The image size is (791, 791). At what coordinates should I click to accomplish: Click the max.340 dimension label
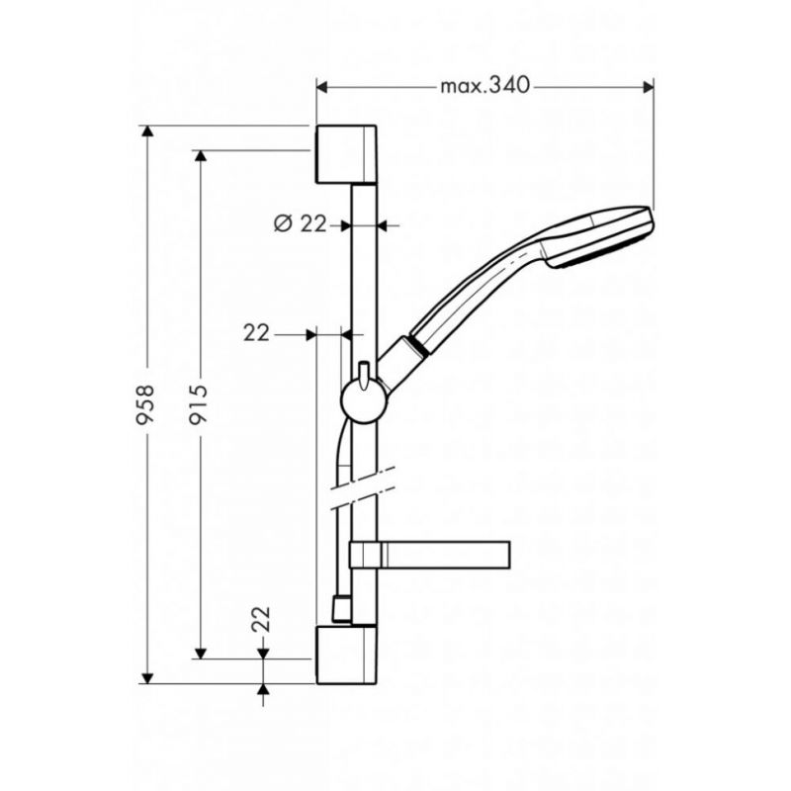(484, 86)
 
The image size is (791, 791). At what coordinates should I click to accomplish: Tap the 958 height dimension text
(146, 404)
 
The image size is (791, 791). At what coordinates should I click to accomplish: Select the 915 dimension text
(200, 404)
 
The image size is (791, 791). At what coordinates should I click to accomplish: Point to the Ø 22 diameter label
(301, 223)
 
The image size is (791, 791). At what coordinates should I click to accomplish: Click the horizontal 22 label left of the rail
(257, 333)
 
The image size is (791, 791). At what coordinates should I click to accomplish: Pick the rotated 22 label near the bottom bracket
(262, 619)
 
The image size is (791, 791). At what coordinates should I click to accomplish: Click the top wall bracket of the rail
(346, 154)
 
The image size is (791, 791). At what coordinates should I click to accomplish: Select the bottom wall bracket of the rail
(346, 655)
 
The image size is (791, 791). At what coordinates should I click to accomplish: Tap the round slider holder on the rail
(364, 400)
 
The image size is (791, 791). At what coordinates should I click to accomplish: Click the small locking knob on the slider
(364, 376)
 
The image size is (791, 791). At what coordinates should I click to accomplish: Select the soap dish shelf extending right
(430, 555)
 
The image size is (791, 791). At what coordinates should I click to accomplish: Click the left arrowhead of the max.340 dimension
(322, 88)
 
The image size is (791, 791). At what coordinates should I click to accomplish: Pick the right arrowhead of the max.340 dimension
(649, 88)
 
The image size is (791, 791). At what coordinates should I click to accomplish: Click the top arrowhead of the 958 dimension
(146, 131)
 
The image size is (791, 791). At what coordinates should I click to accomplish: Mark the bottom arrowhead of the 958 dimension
(146, 678)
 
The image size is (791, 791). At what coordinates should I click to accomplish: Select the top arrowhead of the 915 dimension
(201, 156)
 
